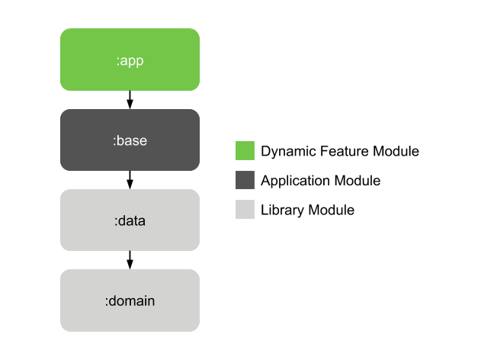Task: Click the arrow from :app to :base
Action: tap(130, 99)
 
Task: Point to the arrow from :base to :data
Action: tap(130, 179)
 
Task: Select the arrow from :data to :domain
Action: tap(130, 259)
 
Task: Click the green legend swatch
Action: tap(245, 151)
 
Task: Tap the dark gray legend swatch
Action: tap(245, 181)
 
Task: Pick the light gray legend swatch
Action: tap(245, 210)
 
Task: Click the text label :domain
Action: tap(130, 301)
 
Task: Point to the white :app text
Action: tap(130, 60)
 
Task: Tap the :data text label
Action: tap(130, 221)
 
